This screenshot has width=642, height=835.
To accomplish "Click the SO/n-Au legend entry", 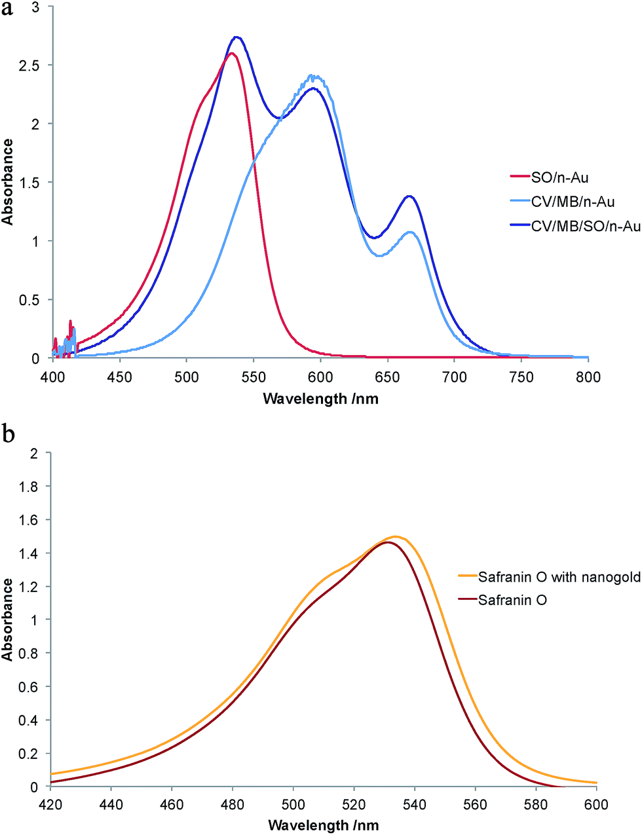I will [559, 177].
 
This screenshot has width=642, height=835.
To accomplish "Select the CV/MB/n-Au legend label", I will [573, 202].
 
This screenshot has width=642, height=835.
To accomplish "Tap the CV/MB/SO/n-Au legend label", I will [585, 226].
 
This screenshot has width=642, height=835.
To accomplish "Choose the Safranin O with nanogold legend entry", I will [559, 577].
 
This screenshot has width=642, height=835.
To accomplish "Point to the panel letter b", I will [8, 434].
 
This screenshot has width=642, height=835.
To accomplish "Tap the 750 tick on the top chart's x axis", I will [521, 377].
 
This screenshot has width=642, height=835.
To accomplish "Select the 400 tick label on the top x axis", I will [52, 377].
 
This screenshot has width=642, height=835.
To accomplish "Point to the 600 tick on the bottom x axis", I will [596, 804].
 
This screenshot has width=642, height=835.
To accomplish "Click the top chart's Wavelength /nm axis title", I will [320, 398].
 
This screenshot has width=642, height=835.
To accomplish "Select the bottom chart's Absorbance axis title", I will [8, 619].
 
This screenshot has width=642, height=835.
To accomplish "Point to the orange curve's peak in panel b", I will [396, 536].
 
